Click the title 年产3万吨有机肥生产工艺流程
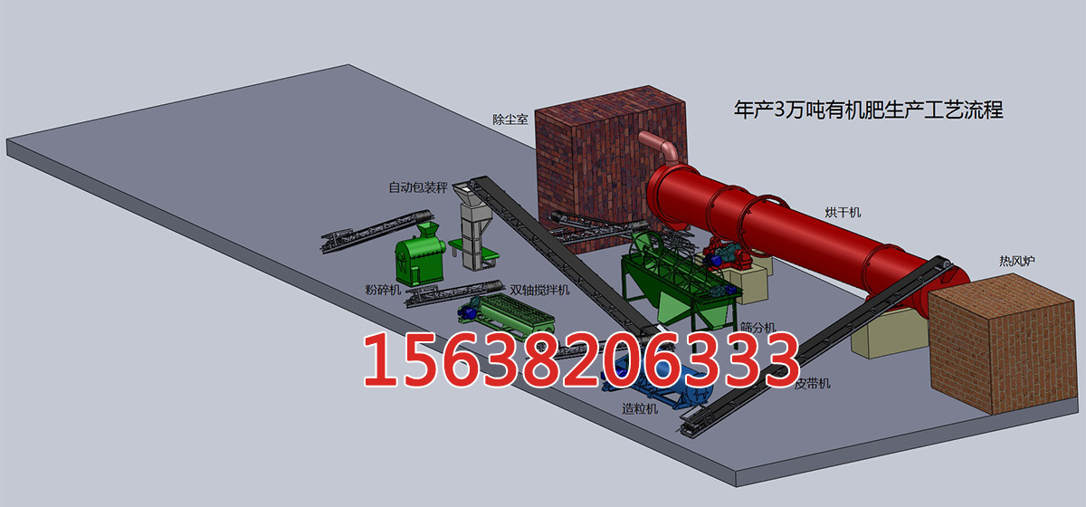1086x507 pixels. [868, 110]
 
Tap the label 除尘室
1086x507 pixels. [510, 120]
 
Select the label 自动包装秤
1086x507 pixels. [418, 187]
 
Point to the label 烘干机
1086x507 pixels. [843, 212]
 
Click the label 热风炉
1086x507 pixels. [1017, 261]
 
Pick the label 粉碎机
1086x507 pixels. [383, 290]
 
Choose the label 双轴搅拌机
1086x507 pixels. [539, 290]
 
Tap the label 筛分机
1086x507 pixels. [758, 328]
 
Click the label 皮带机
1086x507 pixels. [812, 384]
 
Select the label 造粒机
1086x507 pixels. [640, 408]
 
